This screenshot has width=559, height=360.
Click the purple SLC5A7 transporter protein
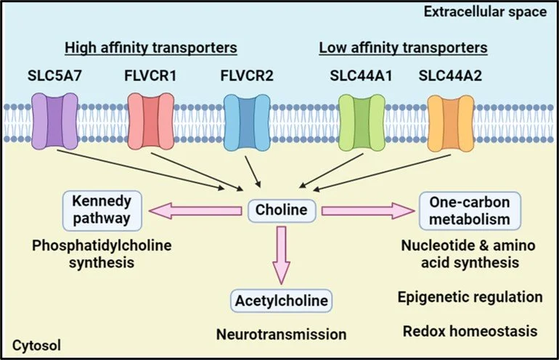click(x=54, y=121)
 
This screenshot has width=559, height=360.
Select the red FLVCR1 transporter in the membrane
click(x=150, y=121)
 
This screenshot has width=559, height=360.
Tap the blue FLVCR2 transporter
click(x=247, y=123)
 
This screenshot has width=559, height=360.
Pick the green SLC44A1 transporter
click(x=362, y=123)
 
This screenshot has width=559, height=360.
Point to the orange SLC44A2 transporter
click(x=451, y=123)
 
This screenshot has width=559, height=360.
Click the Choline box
click(x=282, y=210)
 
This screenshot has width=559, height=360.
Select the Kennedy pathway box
click(x=102, y=210)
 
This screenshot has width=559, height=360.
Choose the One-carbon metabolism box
click(x=470, y=210)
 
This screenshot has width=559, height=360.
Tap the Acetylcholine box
click(x=282, y=300)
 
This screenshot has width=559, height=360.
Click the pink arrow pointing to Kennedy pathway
click(x=195, y=210)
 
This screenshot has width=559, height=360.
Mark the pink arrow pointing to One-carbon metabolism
click(x=368, y=210)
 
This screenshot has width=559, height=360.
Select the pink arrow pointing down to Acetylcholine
click(x=282, y=255)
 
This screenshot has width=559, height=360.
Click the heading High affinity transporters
click(x=151, y=48)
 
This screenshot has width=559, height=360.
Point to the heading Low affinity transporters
click(x=403, y=48)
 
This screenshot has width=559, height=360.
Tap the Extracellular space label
click(x=485, y=12)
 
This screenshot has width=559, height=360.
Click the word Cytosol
click(x=36, y=345)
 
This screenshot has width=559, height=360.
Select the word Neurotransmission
click(x=282, y=335)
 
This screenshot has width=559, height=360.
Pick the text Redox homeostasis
click(x=470, y=331)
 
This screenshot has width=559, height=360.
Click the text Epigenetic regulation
click(x=470, y=298)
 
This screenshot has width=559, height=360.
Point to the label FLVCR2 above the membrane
click(x=247, y=75)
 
